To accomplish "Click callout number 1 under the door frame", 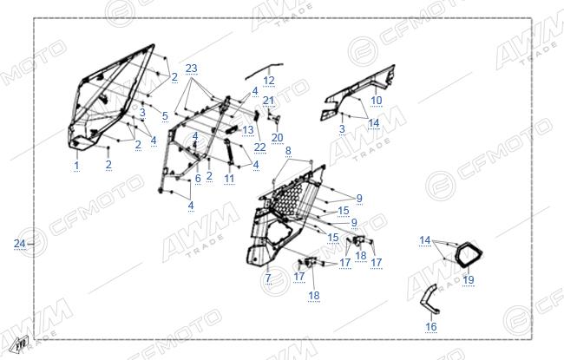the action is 76,166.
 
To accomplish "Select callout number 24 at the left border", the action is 19,244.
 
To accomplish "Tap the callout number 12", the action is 269,81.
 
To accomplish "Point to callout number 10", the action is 377,101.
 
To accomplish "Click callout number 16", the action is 431,326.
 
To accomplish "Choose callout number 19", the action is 469,279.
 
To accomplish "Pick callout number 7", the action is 268,278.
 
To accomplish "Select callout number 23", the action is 192,69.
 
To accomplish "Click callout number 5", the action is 165,115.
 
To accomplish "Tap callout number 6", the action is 198,179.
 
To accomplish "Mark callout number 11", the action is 229,179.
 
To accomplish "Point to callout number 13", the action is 248,130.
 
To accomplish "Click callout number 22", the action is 259,147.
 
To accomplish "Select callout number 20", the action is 278,137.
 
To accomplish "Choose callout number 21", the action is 268,101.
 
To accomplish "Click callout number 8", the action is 288,151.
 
